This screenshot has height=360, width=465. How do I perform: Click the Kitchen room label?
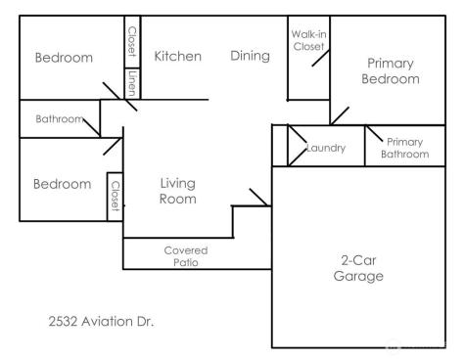coord(178,56)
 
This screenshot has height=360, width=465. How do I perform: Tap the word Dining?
coord(250,56)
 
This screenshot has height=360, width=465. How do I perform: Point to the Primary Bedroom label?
coord(391,71)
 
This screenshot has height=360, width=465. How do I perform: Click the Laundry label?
coord(326,148)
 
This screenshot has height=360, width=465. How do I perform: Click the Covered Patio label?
coord(185,256)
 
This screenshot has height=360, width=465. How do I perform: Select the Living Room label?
coord(178,191)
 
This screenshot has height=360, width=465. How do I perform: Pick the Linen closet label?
coord(132,83)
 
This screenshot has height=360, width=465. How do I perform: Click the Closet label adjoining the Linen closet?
coord(132,41)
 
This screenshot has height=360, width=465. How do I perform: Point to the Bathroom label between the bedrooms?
coord(59,119)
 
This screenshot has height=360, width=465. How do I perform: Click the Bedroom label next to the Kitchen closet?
coord(64,58)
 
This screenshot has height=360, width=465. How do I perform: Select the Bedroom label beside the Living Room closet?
coord(62,183)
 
